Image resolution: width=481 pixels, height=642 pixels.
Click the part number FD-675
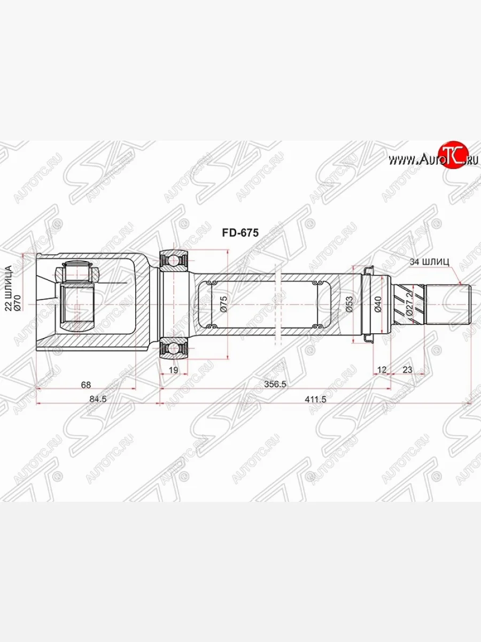[241, 233]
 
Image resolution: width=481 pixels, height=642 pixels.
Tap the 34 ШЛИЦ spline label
[429, 262]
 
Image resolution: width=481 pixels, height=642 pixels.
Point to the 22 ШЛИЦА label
[9, 288]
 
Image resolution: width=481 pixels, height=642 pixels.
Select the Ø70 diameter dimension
[18, 303]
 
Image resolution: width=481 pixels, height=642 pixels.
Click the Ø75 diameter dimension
[223, 304]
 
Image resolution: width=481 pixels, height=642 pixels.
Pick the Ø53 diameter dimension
[349, 304]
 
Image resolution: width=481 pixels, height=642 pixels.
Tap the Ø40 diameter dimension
[377, 304]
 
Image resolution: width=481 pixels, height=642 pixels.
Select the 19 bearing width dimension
[174, 370]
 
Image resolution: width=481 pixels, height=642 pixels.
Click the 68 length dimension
[86, 385]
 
